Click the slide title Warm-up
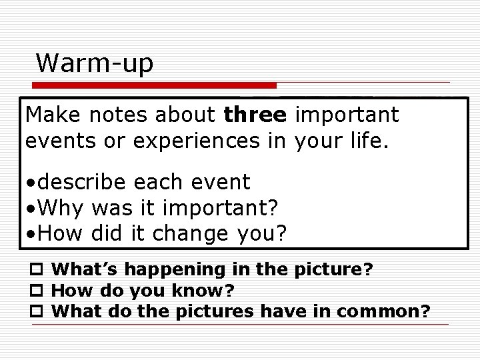click(95, 64)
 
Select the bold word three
click(255, 115)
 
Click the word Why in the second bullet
click(61, 208)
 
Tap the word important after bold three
click(347, 115)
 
